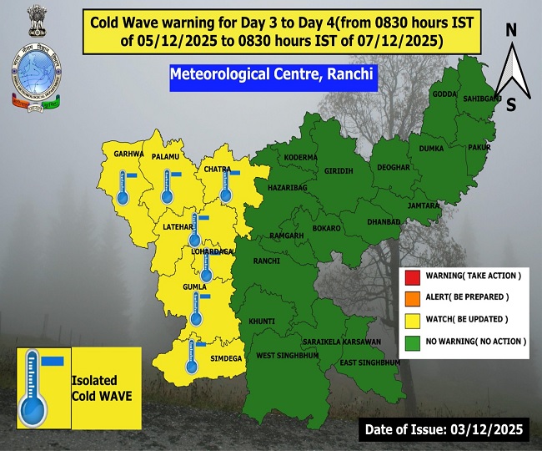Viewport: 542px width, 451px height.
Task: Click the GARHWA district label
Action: coord(129,155)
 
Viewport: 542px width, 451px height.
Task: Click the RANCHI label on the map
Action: coord(266,261)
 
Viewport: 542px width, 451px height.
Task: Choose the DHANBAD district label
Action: coord(384,221)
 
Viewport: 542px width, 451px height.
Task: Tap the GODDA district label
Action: coord(445,94)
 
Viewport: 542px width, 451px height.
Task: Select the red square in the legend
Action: coord(412,276)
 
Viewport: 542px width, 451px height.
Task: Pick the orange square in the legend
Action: coord(412,297)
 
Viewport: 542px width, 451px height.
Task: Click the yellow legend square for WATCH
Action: coord(412,320)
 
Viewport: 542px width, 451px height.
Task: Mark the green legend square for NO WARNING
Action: coord(412,342)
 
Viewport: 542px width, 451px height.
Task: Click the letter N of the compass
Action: coord(510,30)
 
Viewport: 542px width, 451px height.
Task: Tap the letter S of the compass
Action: coord(510,104)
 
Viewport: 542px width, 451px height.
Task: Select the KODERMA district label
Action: coord(300,157)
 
